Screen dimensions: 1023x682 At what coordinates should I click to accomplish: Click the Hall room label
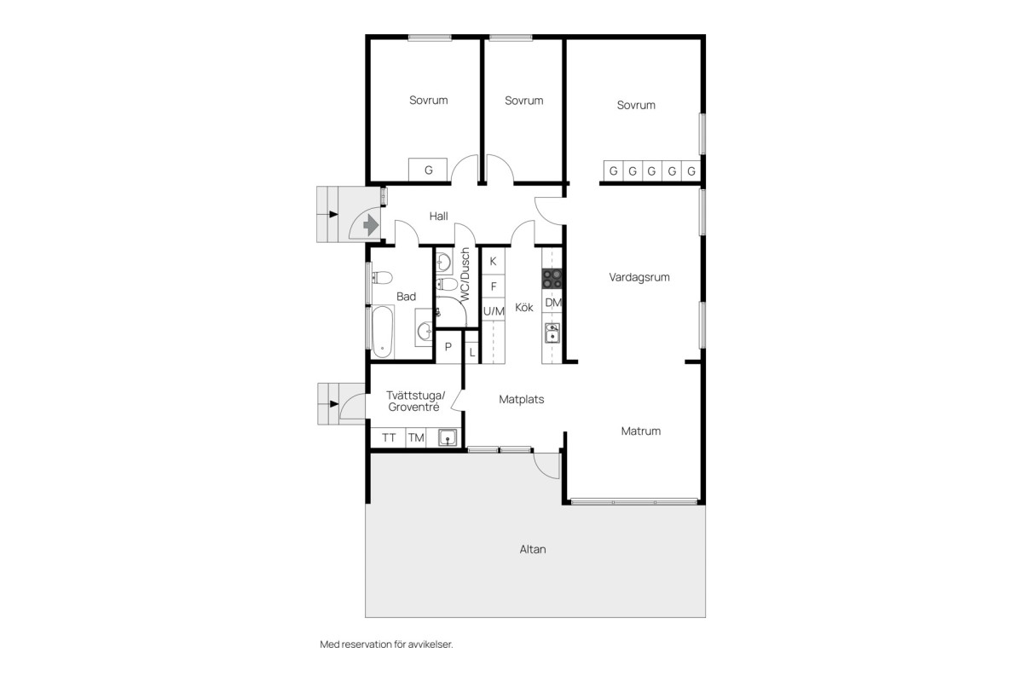438,216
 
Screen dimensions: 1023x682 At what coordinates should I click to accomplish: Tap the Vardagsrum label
639,277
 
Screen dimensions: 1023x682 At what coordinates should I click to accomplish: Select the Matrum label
641,431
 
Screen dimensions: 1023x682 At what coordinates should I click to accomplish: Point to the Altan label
533,549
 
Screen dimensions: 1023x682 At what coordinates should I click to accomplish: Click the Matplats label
522,400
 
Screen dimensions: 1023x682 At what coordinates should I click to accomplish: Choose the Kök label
523,308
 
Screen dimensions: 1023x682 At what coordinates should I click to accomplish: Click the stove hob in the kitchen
552,279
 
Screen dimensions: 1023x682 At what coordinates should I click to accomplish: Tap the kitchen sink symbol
552,333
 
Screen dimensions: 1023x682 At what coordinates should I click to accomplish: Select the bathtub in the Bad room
382,332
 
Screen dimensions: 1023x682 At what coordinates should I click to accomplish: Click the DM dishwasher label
553,303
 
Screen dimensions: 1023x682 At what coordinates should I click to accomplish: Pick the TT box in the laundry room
388,438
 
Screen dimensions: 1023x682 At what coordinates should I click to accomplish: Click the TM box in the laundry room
416,438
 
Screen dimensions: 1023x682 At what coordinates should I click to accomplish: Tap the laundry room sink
448,437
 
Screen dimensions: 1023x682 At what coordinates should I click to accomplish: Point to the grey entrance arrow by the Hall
371,225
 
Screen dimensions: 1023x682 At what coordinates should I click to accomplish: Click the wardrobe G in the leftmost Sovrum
428,170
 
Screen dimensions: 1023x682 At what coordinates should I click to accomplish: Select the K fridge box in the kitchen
494,261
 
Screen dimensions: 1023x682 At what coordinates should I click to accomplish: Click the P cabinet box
448,347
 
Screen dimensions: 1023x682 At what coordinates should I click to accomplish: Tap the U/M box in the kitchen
494,311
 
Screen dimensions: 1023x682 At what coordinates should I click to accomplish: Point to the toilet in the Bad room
383,277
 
